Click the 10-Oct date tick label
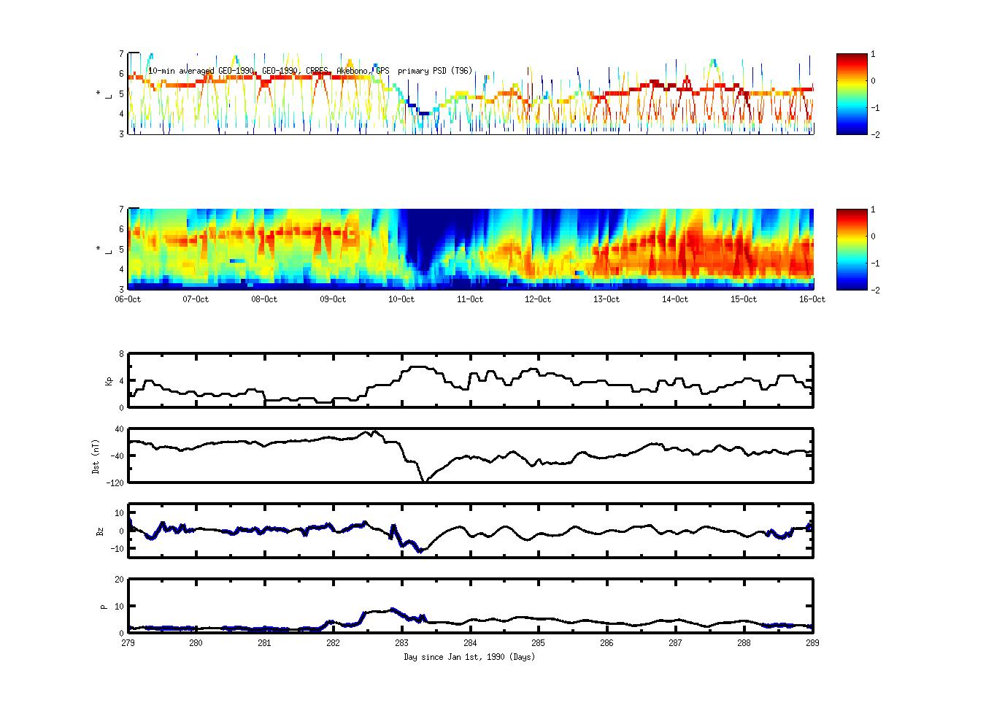pos(401,299)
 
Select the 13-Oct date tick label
pos(606,299)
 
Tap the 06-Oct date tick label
pos(128,299)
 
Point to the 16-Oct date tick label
pos(812,299)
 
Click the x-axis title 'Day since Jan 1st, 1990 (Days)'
pos(469,657)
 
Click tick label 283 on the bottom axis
pos(401,643)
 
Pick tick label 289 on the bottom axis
pos(812,643)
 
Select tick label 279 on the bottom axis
pos(128,643)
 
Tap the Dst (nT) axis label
pos(96,456)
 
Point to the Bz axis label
pos(100,531)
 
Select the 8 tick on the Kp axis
pos(120,354)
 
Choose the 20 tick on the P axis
pos(119,580)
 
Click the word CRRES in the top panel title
pos(317,71)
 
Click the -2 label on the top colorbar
pos(875,135)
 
